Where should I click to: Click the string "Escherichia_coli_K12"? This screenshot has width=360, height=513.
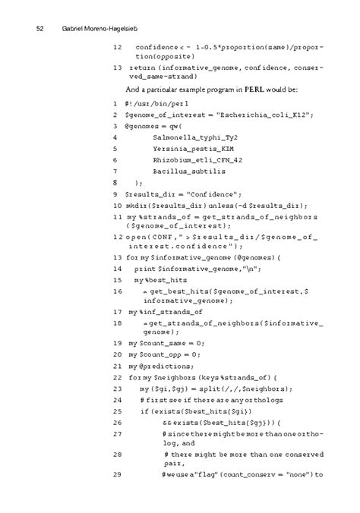[x=263, y=115]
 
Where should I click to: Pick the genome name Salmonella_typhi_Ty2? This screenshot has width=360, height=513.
[x=196, y=137]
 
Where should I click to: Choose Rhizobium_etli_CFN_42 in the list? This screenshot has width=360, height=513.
[x=197, y=160]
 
